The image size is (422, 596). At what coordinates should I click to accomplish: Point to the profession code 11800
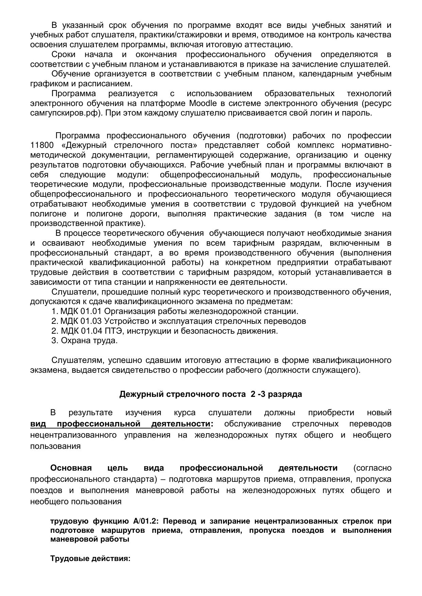pyautogui.click(x=42, y=145)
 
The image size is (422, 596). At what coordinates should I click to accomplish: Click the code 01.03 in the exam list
pyautogui.click(x=91, y=321)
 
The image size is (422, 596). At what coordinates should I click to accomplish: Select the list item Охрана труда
pyautogui.click(x=89, y=340)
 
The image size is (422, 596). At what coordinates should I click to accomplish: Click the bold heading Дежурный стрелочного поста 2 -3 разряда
pyautogui.click(x=210, y=394)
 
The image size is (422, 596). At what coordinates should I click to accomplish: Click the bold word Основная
pyautogui.click(x=71, y=468)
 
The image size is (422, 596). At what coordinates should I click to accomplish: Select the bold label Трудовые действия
pyautogui.click(x=90, y=559)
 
